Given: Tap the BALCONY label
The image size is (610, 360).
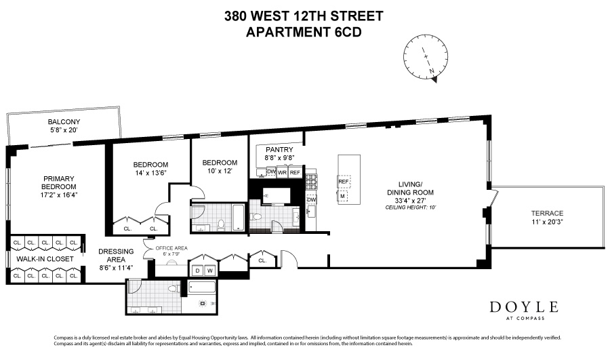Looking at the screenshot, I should click(x=64, y=122).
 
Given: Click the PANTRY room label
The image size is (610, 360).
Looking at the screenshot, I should click(x=279, y=150).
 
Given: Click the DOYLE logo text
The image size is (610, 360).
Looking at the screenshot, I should click(x=523, y=306).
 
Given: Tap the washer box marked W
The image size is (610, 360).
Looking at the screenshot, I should click(x=210, y=271).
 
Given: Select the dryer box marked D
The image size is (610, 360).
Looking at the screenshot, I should click(x=198, y=271).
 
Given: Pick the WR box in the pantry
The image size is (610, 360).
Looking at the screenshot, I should click(x=283, y=172).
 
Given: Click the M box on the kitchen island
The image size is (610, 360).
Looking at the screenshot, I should click(x=343, y=196).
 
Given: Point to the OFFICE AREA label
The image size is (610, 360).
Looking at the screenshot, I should click(x=171, y=248).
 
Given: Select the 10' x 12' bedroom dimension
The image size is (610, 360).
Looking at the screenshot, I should click(x=220, y=172).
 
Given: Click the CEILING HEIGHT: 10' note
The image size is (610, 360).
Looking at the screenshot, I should click(x=410, y=207).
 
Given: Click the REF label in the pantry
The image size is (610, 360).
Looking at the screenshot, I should click(x=295, y=172).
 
